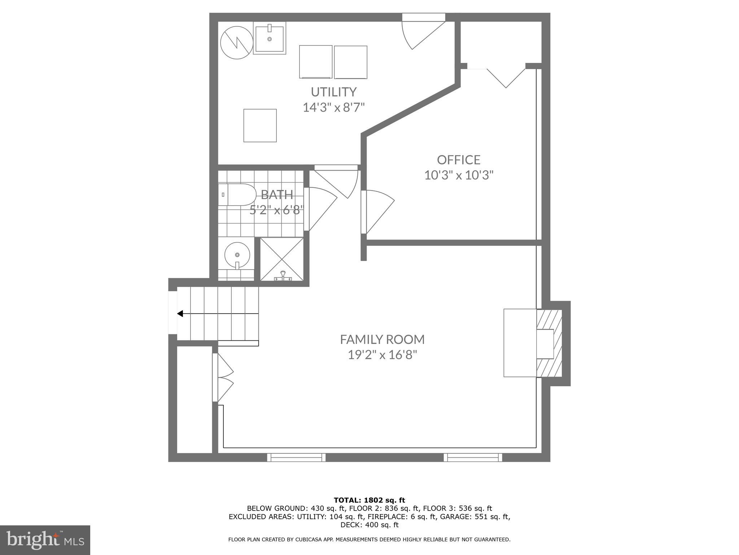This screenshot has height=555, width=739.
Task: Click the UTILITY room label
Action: tap(333, 92)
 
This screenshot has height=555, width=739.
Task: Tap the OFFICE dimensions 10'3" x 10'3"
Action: tap(458, 175)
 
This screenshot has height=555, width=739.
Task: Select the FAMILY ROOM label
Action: tap(382, 339)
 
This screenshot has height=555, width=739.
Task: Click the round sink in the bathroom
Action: tap(237, 254)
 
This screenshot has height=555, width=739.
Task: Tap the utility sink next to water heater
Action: tap(269, 38)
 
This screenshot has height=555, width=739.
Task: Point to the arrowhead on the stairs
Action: tap(180, 314)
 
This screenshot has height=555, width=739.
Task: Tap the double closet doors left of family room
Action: tap(224, 378)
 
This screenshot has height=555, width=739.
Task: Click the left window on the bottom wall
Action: tap(296, 457)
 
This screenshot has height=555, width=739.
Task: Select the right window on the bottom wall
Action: tap(472, 457)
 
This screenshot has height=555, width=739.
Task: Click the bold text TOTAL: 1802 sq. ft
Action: tap(369, 500)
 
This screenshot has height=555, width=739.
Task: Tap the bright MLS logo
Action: tap(45, 540)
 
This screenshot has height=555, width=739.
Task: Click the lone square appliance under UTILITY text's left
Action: tap(260, 125)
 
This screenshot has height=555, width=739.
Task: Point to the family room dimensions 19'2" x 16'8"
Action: tap(382, 355)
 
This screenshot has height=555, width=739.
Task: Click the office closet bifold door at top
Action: tap(505, 78)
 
